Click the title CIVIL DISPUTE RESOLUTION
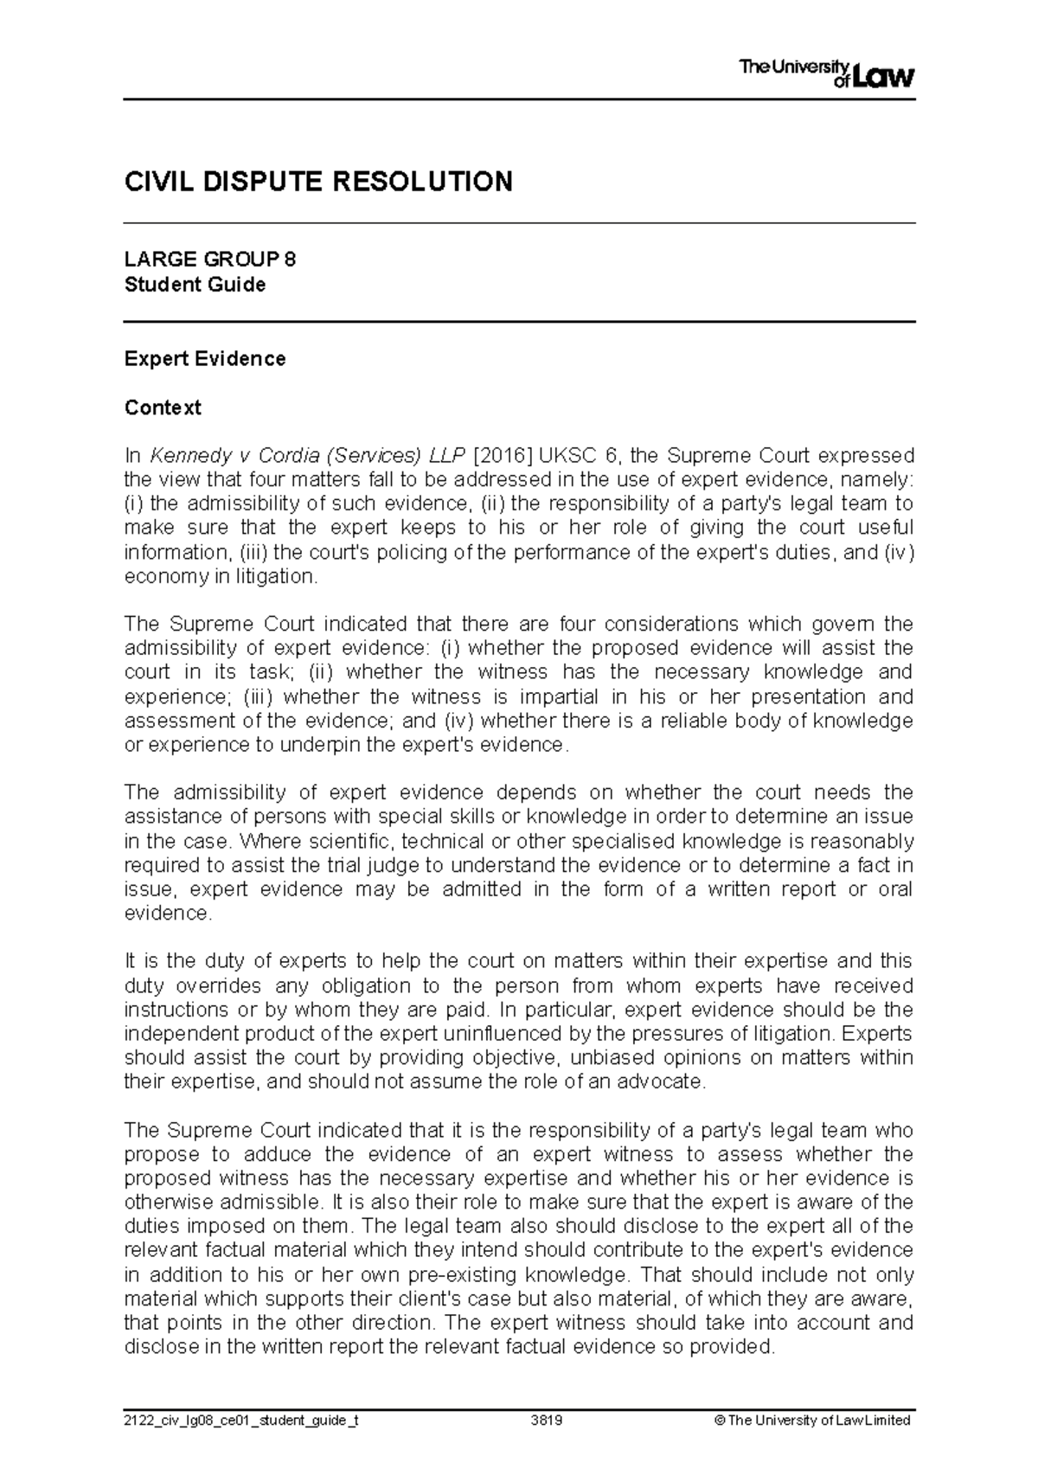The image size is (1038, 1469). coord(318,182)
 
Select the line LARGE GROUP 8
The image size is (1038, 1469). coord(210,260)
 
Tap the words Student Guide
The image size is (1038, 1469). coord(195,285)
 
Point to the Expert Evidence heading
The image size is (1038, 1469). coord(205,359)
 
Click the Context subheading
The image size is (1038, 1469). coord(163,407)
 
